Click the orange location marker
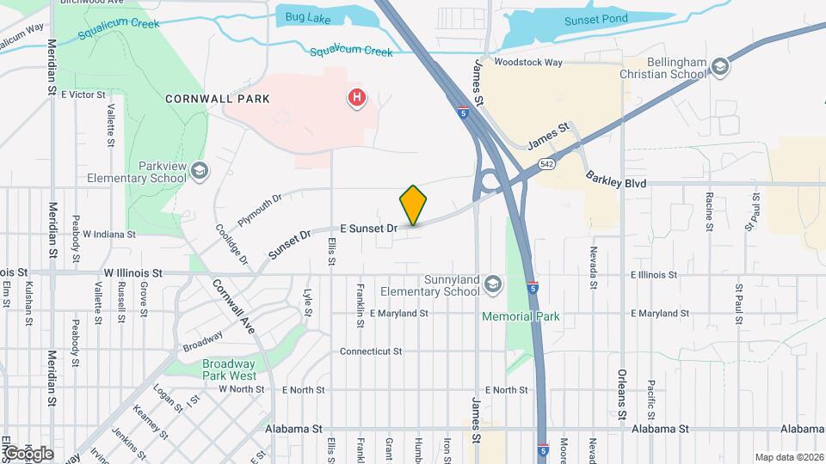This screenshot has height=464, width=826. pyautogui.click(x=413, y=205)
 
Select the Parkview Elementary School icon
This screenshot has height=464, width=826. pyautogui.click(x=200, y=170)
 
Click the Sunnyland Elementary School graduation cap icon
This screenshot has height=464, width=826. pyautogui.click(x=493, y=284)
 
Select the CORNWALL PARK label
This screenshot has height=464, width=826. pyautogui.click(x=218, y=99)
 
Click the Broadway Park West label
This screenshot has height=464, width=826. pyautogui.click(x=230, y=369)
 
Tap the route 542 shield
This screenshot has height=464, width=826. pyautogui.click(x=546, y=163)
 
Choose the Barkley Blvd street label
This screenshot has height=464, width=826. pyautogui.click(x=616, y=181)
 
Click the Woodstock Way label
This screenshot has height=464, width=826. pyautogui.click(x=527, y=63)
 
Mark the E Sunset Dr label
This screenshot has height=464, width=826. pyautogui.click(x=368, y=229)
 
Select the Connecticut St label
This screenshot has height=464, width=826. pyautogui.click(x=371, y=351)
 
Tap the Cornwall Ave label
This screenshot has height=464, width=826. pyautogui.click(x=233, y=307)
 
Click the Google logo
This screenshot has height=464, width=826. pyautogui.click(x=28, y=453)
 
